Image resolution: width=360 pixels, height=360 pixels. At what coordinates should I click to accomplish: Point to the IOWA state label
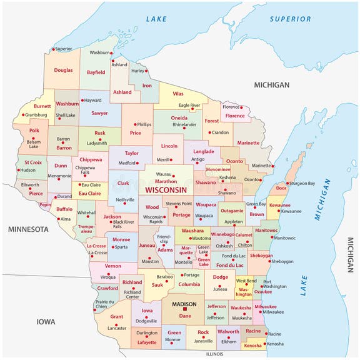coord(45,322)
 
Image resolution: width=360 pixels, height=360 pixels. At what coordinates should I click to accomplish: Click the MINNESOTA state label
coord(28,229)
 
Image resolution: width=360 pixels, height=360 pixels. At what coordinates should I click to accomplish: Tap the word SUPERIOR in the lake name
coord(290,19)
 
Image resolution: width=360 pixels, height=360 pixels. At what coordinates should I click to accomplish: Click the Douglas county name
coord(63,71)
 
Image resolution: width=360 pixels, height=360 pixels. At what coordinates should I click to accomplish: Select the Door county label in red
coord(281,187)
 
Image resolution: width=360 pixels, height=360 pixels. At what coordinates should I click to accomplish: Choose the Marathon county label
coord(166,181)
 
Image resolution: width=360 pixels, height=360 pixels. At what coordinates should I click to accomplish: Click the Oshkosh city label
coord(224,246)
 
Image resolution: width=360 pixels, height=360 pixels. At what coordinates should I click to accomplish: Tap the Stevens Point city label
coord(178,204)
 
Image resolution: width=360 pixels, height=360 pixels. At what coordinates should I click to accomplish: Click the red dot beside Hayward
coord(81,100)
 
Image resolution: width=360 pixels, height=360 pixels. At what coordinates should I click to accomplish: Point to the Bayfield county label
coord(96,72)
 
